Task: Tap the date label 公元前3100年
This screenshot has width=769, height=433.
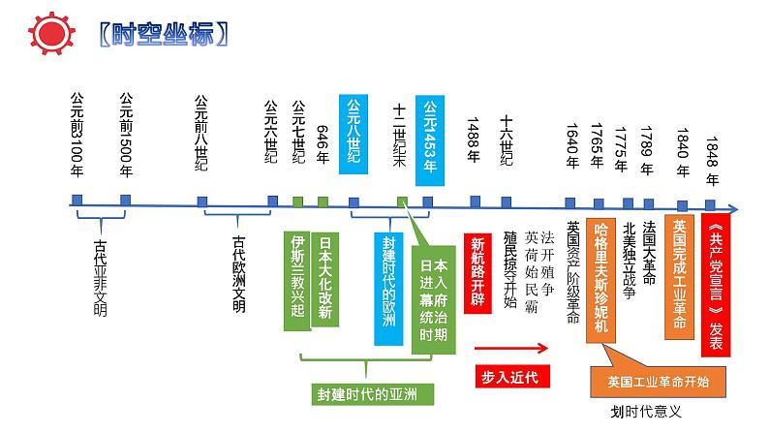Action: (77, 135)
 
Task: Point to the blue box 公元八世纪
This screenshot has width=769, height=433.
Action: (355, 134)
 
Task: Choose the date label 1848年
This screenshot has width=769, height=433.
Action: (713, 150)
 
